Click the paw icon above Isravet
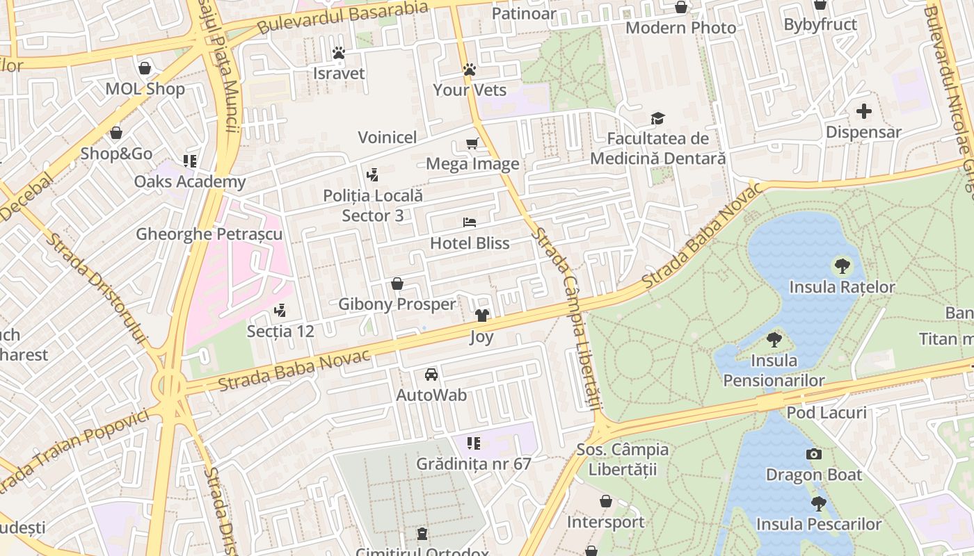(339, 53)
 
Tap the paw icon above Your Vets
(470, 69)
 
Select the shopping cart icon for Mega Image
(472, 144)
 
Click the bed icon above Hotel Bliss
(470, 222)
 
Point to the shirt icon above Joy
(481, 316)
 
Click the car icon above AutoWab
(431, 375)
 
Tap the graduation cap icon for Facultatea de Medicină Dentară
(657, 118)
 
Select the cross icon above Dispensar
(863, 111)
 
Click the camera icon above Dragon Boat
(813, 455)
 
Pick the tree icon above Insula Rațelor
(842, 265)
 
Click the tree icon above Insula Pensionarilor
(774, 340)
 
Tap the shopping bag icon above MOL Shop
(145, 68)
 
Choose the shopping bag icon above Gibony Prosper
(397, 284)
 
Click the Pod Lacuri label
(827, 413)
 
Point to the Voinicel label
(388, 138)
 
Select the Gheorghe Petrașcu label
(209, 234)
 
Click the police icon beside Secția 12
(280, 311)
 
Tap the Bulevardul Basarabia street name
(342, 17)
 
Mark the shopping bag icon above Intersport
(605, 501)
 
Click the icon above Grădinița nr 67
(473, 443)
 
